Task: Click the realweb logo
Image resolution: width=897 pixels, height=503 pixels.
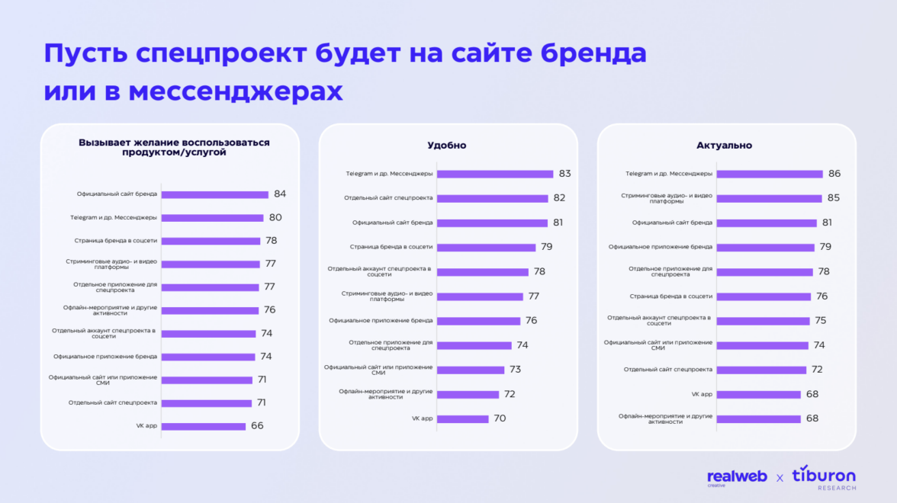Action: [737, 478]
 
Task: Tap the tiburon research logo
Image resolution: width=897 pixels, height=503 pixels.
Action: [824, 477]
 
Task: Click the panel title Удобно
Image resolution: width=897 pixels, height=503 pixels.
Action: [447, 146]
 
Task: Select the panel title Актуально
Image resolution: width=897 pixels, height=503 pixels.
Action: [724, 146]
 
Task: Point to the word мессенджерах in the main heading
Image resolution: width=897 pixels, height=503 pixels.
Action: [236, 91]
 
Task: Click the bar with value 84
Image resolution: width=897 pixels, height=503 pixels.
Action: [214, 194]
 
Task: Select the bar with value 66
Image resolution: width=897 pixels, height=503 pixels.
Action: [203, 426]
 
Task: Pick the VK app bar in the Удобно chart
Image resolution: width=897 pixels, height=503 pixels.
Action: [462, 418]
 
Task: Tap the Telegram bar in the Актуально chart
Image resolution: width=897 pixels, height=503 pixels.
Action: [768, 174]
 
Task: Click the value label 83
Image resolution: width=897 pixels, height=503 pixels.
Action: [564, 174]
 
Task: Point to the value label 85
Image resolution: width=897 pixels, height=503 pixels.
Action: [834, 198]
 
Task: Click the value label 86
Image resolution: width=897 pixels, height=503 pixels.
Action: [835, 174]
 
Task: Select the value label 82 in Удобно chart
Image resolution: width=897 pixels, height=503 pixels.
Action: [560, 198]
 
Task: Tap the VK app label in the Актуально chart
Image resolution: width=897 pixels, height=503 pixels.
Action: [702, 394]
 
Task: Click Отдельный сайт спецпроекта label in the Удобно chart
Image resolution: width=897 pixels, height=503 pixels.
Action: [388, 198]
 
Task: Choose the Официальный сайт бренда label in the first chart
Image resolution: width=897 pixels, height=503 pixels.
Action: [117, 194]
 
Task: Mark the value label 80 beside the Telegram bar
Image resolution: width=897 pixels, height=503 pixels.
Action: [275, 217]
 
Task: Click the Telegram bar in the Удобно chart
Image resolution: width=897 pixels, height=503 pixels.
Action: [495, 174]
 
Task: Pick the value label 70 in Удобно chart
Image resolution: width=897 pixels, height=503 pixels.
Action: [500, 418]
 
